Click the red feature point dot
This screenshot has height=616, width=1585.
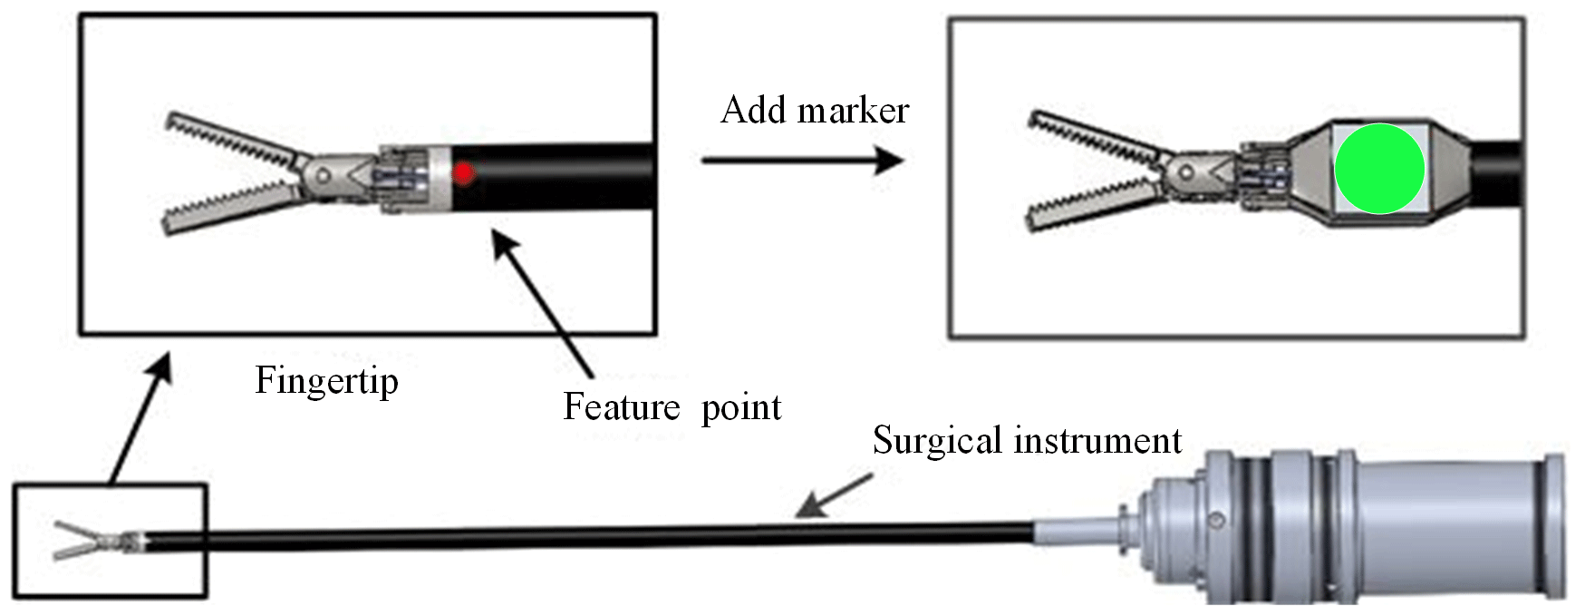463,171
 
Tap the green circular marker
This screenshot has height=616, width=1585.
1379,169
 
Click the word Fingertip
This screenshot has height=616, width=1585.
326,380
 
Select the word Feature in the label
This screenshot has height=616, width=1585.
621,406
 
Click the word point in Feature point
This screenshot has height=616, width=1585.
741,408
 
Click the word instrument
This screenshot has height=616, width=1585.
1097,441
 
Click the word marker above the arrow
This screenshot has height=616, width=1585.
853,112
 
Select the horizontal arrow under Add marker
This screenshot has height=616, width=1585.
802,161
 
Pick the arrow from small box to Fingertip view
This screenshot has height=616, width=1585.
140,418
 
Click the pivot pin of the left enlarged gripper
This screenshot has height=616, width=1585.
322,173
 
